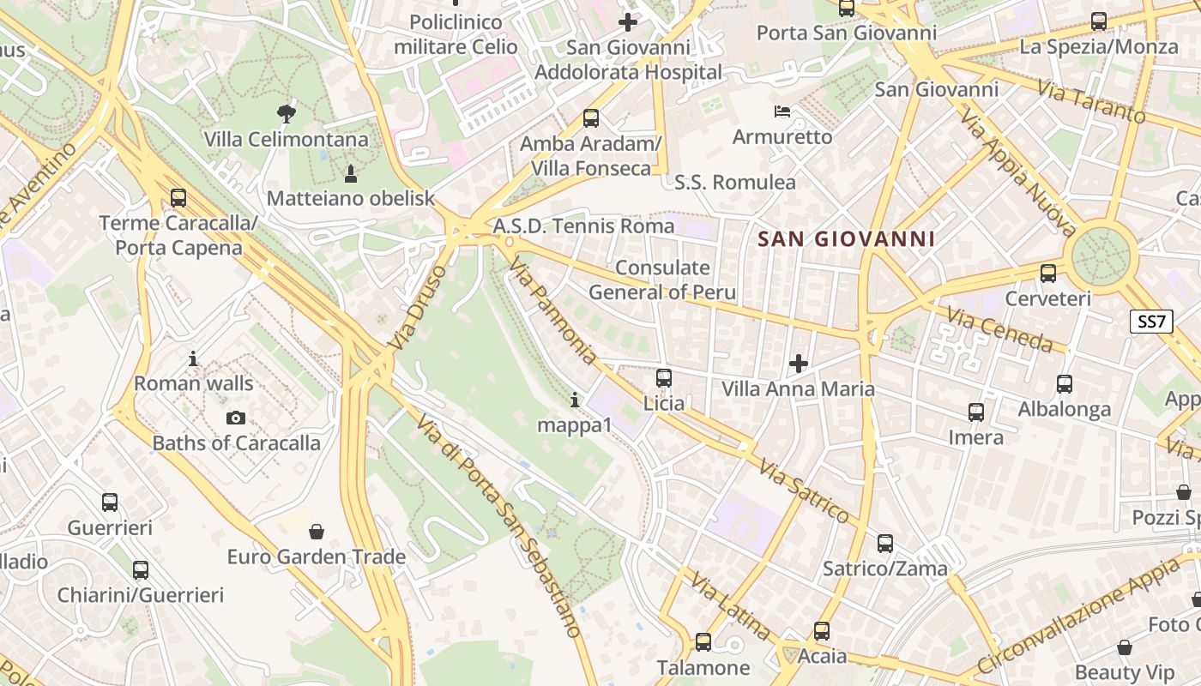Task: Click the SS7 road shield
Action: (1151, 322)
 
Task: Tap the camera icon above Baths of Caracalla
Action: (235, 418)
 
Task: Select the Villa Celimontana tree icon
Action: (286, 112)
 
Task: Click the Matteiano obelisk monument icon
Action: (350, 173)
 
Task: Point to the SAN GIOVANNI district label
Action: (847, 238)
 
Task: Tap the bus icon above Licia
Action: (663, 377)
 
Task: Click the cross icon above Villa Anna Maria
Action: (799, 364)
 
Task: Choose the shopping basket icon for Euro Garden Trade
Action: (316, 532)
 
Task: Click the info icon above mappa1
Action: (574, 400)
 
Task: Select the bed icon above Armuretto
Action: (782, 111)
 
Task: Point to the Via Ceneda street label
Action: (999, 328)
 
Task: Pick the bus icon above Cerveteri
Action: (1047, 274)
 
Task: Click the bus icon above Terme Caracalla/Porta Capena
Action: (178, 198)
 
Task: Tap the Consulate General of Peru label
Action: (662, 280)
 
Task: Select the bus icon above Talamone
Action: (703, 641)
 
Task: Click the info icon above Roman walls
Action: (193, 358)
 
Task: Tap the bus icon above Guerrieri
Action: (110, 502)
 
